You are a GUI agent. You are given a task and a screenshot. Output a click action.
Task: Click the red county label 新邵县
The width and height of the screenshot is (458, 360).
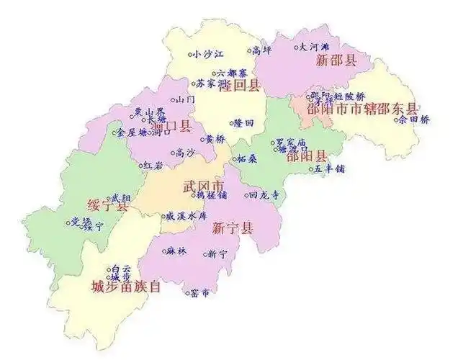[336, 60]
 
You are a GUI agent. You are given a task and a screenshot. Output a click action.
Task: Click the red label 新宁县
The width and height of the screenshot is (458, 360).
[233, 229]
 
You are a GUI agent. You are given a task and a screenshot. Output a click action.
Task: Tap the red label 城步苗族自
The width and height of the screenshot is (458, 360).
[125, 287]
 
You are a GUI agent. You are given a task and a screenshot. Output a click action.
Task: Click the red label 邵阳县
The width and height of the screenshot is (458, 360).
[306, 156]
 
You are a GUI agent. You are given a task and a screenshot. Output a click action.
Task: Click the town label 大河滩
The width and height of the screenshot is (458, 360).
[314, 48]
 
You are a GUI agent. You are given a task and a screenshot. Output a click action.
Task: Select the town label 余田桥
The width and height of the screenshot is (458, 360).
[414, 120]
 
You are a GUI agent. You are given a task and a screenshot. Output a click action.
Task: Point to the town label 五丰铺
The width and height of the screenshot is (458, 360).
[331, 169]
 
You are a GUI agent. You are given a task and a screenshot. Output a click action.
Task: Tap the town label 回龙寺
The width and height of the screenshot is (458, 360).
[262, 194]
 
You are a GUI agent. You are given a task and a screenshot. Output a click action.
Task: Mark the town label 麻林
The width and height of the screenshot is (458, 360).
[176, 251]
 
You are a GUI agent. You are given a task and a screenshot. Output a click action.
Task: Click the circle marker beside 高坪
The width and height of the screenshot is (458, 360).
[248, 51]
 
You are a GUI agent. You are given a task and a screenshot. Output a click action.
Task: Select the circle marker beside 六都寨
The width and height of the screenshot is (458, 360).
[212, 72]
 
